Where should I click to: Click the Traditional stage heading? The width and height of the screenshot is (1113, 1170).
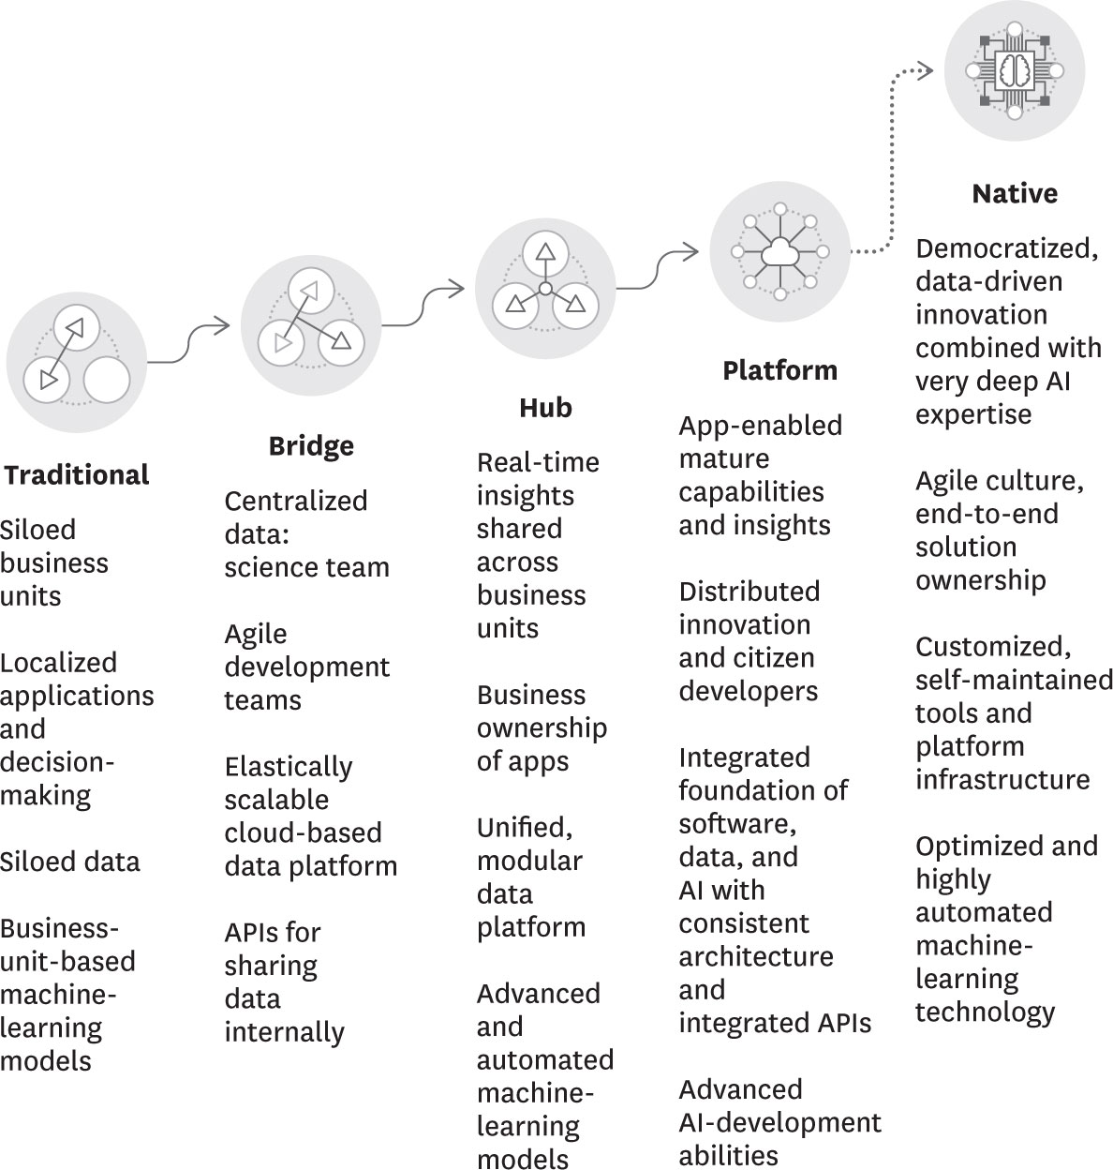[x=77, y=474]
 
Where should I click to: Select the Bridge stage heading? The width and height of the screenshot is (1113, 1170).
[x=311, y=445]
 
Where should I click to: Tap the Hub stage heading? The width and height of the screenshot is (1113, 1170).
[x=545, y=408]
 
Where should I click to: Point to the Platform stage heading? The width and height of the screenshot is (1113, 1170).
[x=779, y=370]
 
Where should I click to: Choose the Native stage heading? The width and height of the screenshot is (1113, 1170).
[x=1015, y=193]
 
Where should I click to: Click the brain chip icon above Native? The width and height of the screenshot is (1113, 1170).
[x=1014, y=71]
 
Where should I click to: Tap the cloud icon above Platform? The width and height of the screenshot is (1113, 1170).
[x=779, y=251]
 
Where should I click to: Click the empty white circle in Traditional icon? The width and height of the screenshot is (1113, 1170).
[x=106, y=380]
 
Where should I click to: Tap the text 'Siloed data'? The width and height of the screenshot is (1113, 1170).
[x=70, y=862]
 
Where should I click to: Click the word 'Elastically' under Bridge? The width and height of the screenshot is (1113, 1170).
[x=288, y=767]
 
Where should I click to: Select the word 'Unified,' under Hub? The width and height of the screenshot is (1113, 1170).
[x=524, y=828]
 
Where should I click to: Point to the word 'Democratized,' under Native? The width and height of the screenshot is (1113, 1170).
[x=1006, y=248]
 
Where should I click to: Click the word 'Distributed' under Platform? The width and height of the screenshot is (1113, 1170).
[x=749, y=592]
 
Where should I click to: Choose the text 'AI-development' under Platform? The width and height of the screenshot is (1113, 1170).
[x=779, y=1122]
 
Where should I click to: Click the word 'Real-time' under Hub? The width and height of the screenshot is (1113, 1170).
[x=537, y=462]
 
